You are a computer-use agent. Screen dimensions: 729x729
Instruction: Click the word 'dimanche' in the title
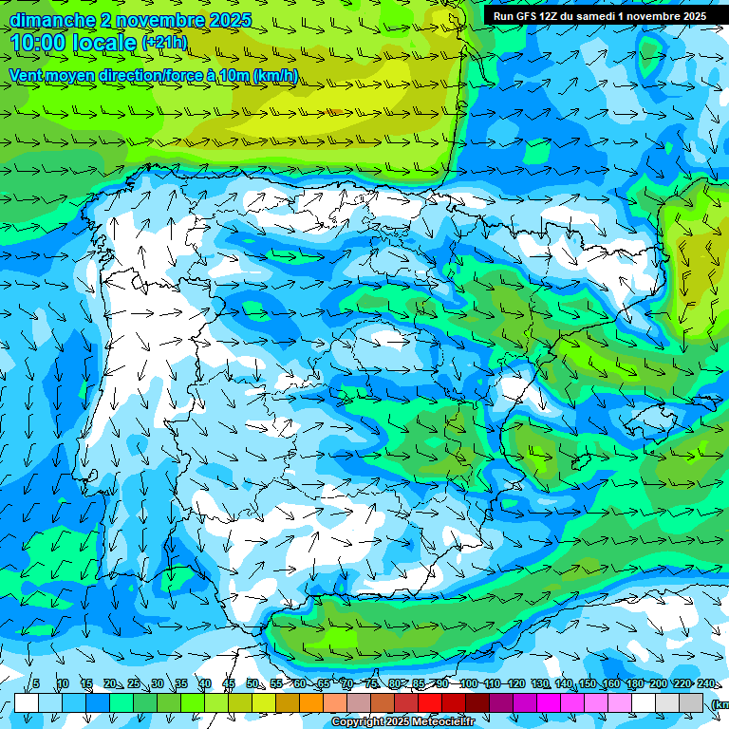pyautogui.click(x=52, y=20)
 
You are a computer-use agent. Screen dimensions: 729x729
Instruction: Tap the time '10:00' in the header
pyautogui.click(x=37, y=43)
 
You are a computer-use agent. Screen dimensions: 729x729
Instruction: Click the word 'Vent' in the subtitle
pyautogui.click(x=28, y=76)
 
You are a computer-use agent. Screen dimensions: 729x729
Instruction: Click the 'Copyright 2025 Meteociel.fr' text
pyautogui.click(x=402, y=722)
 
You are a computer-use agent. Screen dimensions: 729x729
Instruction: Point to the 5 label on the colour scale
pyautogui.click(x=36, y=683)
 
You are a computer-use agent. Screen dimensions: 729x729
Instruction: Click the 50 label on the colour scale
pyautogui.click(x=252, y=683)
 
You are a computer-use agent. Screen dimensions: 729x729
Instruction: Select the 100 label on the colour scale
pyautogui.click(x=468, y=683)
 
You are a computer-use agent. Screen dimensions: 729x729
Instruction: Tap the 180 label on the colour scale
pyautogui.click(x=634, y=683)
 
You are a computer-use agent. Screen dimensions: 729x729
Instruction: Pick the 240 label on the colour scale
pyautogui.click(x=705, y=683)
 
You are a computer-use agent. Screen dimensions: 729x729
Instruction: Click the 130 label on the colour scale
pyautogui.click(x=539, y=683)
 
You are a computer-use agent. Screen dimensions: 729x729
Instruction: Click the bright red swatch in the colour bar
pyautogui.click(x=430, y=702)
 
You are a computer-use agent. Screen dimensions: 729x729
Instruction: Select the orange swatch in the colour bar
pyautogui.click(x=311, y=702)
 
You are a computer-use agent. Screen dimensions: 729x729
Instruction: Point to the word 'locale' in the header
pyautogui.click(x=103, y=43)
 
